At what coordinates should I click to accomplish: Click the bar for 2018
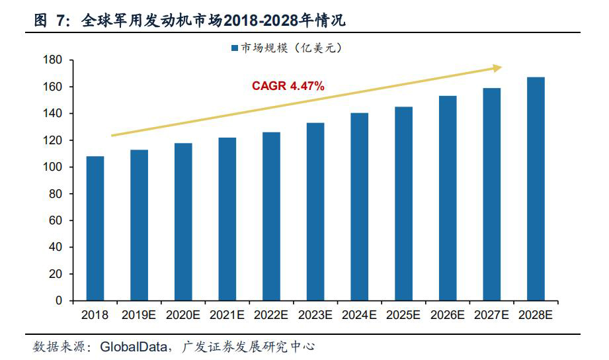coord(95,228)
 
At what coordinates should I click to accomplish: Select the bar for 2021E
coord(227,219)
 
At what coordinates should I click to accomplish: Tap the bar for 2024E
coord(359,206)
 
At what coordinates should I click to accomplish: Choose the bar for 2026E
coord(448,198)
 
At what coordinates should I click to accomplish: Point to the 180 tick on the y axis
coord(52,60)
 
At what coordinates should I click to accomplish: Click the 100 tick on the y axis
coord(52,167)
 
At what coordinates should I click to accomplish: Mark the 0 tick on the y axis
coord(58,300)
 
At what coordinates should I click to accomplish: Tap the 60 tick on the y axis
coord(56,220)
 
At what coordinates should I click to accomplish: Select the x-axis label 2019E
coord(139,316)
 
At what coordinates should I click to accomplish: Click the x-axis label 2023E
coord(315,316)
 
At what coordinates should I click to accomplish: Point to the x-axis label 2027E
coord(491,316)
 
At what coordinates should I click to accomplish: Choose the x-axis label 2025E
coord(403,316)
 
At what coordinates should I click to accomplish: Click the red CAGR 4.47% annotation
coord(288,86)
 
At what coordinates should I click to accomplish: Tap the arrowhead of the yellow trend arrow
coord(497,67)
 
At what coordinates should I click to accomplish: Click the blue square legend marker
coord(234,48)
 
